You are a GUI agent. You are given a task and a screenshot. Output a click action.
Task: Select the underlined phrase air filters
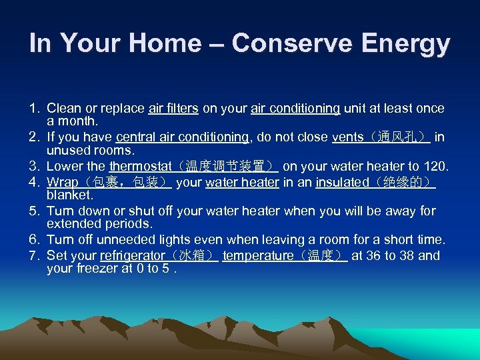tap(173, 108)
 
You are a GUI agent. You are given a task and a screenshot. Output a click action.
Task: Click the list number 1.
tap(33, 108)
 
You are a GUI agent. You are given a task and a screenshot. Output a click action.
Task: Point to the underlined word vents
tap(348, 137)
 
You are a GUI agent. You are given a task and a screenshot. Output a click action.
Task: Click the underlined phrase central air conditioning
tap(181, 137)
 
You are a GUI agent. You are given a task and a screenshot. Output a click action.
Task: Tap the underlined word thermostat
tap(137, 167)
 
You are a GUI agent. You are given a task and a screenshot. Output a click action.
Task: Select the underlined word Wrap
tap(62, 182)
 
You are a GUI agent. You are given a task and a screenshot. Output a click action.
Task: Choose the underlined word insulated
tap(342, 182)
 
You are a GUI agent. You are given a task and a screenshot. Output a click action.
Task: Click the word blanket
tap(70, 195)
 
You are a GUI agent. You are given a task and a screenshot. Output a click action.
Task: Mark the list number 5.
tap(33, 211)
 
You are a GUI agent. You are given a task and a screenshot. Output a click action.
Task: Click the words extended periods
tap(99, 225)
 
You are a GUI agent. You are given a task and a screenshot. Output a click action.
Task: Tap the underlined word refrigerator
tap(132, 256)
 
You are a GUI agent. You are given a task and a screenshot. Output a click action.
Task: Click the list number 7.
tap(33, 256)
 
